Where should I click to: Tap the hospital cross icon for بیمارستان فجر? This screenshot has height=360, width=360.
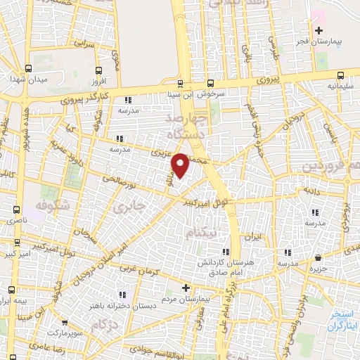tap(319, 30)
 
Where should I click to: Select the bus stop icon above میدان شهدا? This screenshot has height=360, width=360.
tap(27, 68)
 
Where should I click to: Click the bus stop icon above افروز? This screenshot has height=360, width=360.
tap(98, 70)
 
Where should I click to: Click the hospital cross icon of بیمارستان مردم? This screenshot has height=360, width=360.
tap(186, 287)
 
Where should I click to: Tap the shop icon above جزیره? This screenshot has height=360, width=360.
tap(319, 257)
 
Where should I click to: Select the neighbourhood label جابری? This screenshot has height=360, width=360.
tap(134, 207)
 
